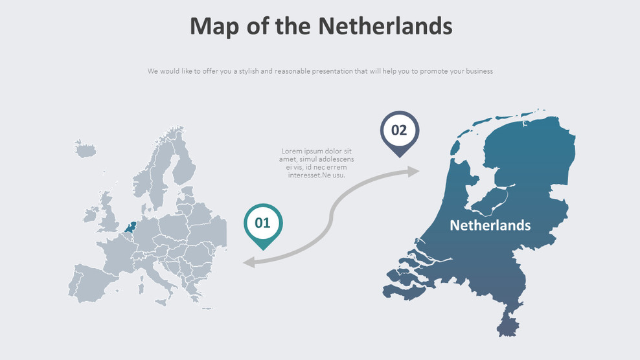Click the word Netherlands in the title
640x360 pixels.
(385, 27)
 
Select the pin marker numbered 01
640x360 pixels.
(262, 223)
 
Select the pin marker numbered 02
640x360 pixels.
(399, 130)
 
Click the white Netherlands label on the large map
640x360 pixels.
(490, 225)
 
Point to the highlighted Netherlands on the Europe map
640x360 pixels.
(131, 227)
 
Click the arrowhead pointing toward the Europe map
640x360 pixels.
(248, 262)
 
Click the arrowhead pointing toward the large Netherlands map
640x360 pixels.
(413, 171)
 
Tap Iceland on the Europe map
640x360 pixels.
(85, 150)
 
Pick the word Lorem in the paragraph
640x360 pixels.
(292, 152)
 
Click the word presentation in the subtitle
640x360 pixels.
(332, 71)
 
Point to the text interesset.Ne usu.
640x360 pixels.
(317, 175)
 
